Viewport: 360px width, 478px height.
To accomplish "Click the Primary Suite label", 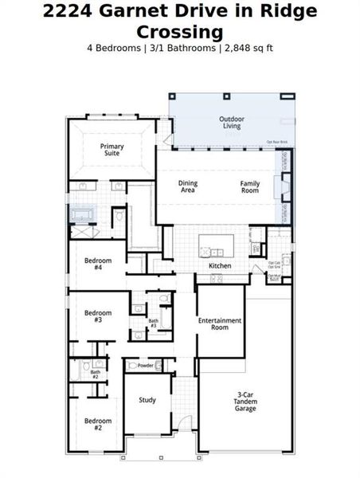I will click(111, 149).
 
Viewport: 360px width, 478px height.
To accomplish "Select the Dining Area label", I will click(188, 186).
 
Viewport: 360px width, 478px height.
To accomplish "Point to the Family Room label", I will click(250, 186).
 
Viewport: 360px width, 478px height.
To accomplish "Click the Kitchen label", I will click(220, 265).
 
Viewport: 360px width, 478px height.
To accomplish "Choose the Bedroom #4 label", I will click(98, 264).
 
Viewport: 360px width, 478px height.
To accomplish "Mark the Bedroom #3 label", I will click(98, 315).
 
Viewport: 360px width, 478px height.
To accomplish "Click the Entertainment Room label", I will click(220, 323).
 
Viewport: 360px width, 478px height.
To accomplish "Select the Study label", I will click(147, 400).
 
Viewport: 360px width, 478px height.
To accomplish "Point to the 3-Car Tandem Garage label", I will click(245, 402).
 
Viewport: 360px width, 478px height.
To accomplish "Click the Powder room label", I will click(145, 366).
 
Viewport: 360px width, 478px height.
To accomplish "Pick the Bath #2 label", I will click(95, 374).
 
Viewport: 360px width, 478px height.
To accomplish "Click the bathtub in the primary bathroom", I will click(84, 215).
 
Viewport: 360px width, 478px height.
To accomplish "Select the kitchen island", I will click(217, 244).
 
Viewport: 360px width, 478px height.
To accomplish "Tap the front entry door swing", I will click(183, 425).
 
